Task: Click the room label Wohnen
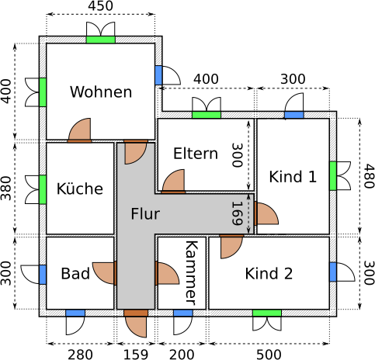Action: click(101, 92)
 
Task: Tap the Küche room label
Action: click(80, 189)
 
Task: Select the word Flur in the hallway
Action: click(145, 214)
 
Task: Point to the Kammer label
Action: click(192, 273)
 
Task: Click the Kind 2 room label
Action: click(269, 273)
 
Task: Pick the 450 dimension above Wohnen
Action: click(100, 6)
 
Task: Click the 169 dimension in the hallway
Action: click(237, 213)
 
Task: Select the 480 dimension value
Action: click(369, 176)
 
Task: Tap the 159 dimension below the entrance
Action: click(136, 355)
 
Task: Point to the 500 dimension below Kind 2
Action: click(269, 355)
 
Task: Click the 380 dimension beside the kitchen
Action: click(6, 189)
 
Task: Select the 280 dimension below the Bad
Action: click(80, 355)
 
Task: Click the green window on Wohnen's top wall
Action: click(101, 40)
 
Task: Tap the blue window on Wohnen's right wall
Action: click(158, 75)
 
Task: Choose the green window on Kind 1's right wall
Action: click(333, 176)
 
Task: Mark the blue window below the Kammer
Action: click(183, 313)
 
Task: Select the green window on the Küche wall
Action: click(43, 189)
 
